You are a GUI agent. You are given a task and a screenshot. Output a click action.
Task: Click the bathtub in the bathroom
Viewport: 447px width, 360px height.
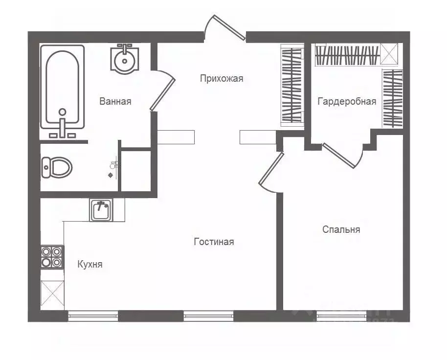pyautogui.click(x=62, y=86)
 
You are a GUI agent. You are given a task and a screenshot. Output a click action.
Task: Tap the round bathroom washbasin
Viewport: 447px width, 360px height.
pyautogui.click(x=125, y=60)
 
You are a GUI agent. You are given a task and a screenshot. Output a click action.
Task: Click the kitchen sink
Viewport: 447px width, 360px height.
pyautogui.click(x=101, y=210)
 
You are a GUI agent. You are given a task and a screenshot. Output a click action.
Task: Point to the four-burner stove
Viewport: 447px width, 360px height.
pyautogui.click(x=51, y=257)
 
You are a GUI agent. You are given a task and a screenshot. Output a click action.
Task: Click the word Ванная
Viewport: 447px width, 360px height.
pyautogui.click(x=115, y=101)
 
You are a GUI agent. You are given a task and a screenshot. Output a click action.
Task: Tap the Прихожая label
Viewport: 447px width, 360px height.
pyautogui.click(x=221, y=78)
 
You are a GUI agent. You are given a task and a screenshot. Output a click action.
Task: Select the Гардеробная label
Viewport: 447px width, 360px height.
pyautogui.click(x=347, y=101)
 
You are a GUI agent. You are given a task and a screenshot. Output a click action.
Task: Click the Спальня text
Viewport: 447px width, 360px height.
pyautogui.click(x=341, y=229)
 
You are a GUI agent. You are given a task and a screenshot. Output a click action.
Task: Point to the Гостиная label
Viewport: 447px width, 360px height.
pyautogui.click(x=214, y=242)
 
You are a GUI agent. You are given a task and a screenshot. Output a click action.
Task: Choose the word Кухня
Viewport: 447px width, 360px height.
pyautogui.click(x=90, y=264)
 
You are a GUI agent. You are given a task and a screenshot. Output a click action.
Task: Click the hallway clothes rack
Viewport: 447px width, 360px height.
pyautogui.click(x=291, y=85)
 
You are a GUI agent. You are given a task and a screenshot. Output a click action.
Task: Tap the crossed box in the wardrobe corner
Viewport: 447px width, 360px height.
pyautogui.click(x=391, y=54)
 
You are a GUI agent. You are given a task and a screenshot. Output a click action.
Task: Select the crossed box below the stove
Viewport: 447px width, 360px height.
pyautogui.click(x=52, y=294)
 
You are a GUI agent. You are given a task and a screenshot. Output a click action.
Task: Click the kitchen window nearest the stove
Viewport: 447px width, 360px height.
pyautogui.click(x=93, y=316)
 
